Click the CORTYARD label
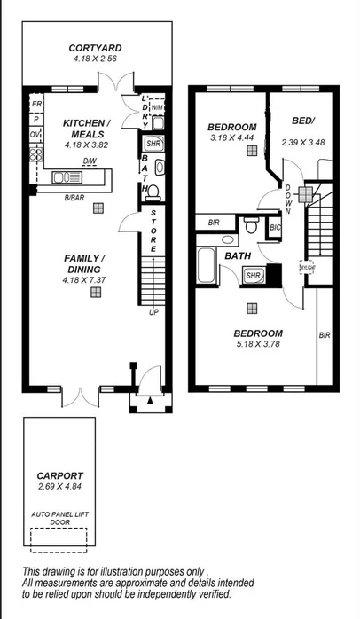click(x=96, y=48)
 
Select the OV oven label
click(x=35, y=134)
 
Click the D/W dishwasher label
click(x=90, y=161)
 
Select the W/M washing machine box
click(x=157, y=108)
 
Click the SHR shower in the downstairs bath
click(x=153, y=143)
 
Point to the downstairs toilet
click(x=153, y=190)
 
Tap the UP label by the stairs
click(x=153, y=312)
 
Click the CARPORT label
click(x=59, y=475)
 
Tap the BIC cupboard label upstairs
click(x=275, y=227)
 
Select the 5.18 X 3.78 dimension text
click(x=258, y=344)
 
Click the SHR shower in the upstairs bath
click(x=253, y=276)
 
